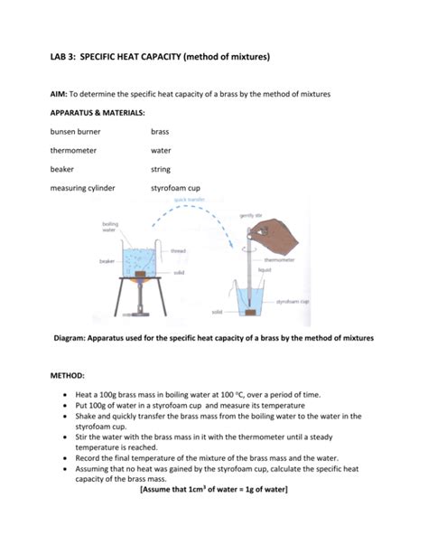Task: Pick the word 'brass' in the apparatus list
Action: click(160, 131)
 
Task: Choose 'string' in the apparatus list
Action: click(161, 169)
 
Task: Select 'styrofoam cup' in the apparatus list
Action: click(176, 188)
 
